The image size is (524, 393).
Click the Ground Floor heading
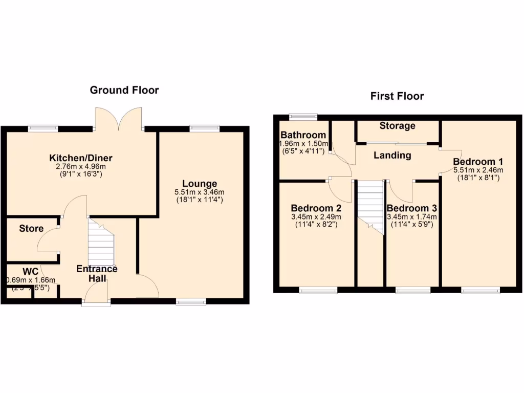pos(124,90)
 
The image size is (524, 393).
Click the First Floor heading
pos(397,96)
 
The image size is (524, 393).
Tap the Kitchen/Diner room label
pos(81,158)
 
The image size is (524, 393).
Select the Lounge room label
pos(200,184)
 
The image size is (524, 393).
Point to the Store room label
pos(31,228)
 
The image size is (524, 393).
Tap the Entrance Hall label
pos(97,273)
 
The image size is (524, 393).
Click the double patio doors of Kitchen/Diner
pos(118,119)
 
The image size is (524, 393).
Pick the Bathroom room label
pos(303,136)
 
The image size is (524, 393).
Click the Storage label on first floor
pos(397,126)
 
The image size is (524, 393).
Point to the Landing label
pos(392,155)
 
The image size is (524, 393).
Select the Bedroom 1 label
pos(477,162)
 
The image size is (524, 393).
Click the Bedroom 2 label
pos(316,208)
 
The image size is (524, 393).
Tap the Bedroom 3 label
pos(411,208)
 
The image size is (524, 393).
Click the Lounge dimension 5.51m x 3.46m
pos(200,192)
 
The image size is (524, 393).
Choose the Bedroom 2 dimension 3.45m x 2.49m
pos(316,216)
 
